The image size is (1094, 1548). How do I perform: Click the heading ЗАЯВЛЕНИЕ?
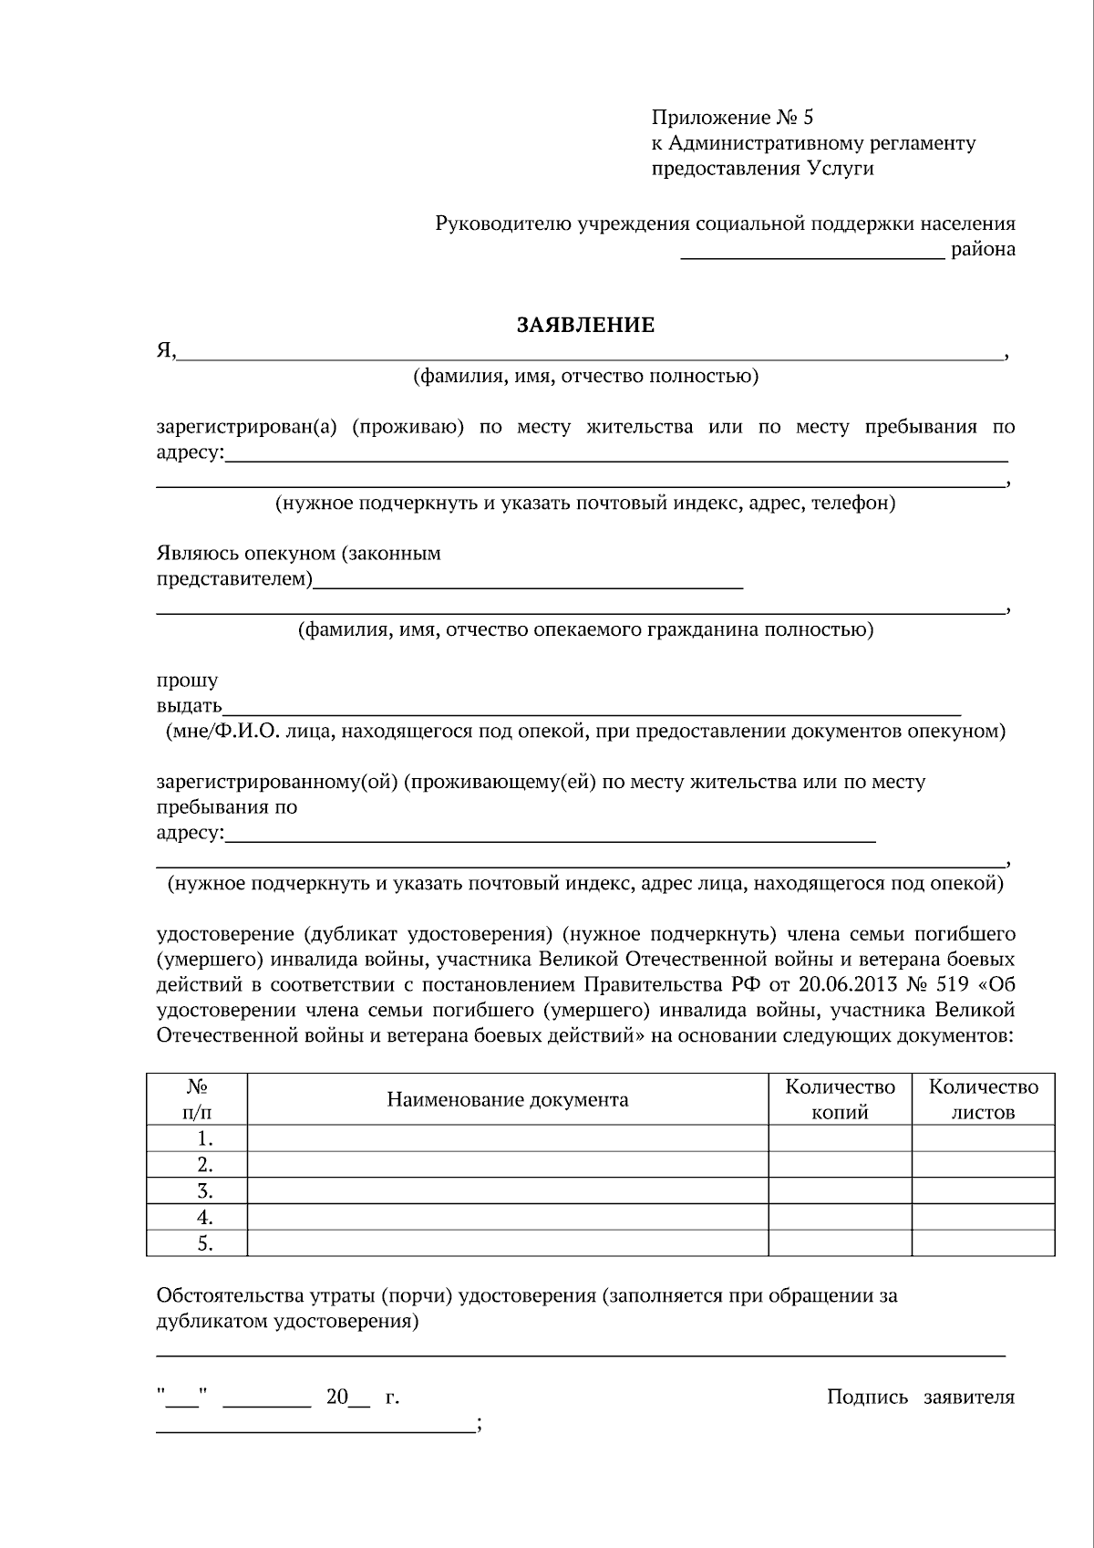pyautogui.click(x=585, y=326)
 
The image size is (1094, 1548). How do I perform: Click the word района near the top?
pyautogui.click(x=983, y=249)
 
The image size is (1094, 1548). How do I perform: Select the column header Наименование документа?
pyautogui.click(x=507, y=1099)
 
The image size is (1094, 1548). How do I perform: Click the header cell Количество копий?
pyautogui.click(x=840, y=1099)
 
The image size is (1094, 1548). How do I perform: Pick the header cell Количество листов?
pyautogui.click(x=983, y=1099)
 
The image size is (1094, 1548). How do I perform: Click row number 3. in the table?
pyautogui.click(x=205, y=1191)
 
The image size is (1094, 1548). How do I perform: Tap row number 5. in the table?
pyautogui.click(x=205, y=1243)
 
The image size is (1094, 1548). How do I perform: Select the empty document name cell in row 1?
pyautogui.click(x=507, y=1138)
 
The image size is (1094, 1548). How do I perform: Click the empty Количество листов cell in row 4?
pyautogui.click(x=983, y=1218)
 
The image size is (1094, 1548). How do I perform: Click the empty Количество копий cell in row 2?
pyautogui.click(x=840, y=1165)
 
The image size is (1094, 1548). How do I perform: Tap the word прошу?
pyautogui.click(x=187, y=681)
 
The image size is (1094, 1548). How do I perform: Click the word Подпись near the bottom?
pyautogui.click(x=867, y=1397)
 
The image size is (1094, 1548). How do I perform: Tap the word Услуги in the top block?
pyautogui.click(x=839, y=169)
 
